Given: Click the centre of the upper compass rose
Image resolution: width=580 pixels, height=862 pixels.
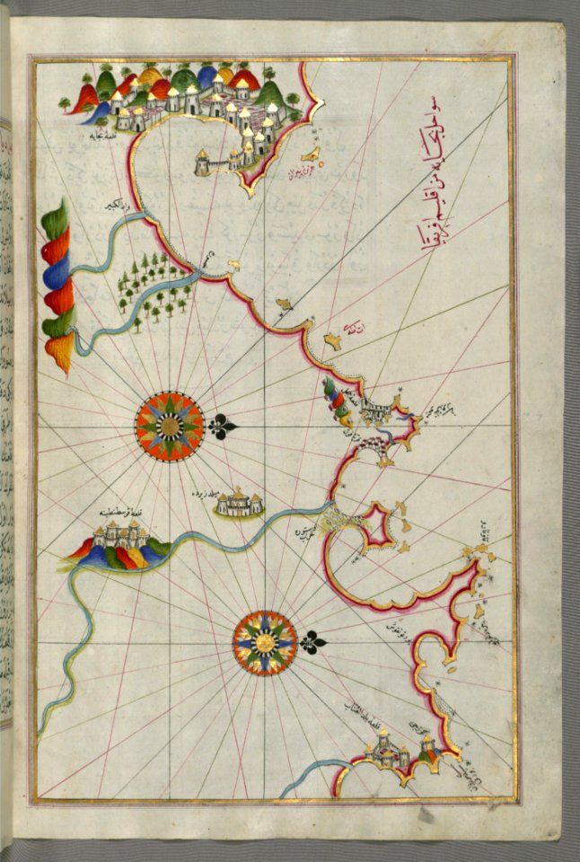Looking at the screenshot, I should pos(169,427).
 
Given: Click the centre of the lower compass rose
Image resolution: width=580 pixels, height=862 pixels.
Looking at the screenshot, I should pos(264,643).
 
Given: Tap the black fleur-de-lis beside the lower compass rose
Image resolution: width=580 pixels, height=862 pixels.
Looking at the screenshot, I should pos(311,643).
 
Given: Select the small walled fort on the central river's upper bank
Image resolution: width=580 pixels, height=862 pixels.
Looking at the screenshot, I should pos(239,505).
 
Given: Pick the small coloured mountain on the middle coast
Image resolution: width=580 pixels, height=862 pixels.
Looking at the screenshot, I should pos(337,400).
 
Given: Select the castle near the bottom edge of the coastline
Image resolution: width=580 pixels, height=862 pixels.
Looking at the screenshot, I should pos(395,751).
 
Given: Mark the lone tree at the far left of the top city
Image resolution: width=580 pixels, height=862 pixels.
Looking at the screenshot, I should pos(64,104).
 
